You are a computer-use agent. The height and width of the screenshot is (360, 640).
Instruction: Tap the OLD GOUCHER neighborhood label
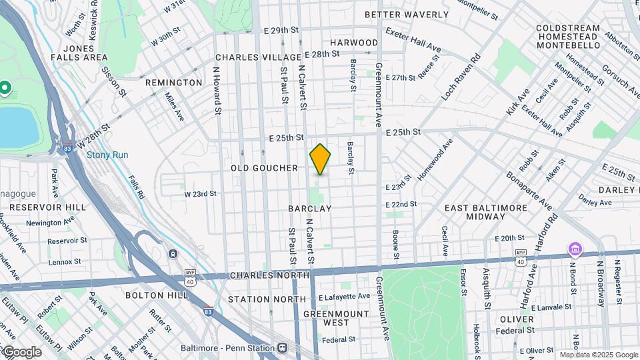pyautogui.click(x=264, y=168)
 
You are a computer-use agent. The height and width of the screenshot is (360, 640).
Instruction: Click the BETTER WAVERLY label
pyautogui.click(x=407, y=14)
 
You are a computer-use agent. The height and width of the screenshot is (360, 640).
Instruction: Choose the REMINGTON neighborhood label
pyautogui.click(x=173, y=83)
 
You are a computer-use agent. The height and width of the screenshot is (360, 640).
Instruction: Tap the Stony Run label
pyautogui.click(x=103, y=155)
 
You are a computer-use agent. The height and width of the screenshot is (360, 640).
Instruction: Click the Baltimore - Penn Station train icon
pyautogui.click(x=283, y=348)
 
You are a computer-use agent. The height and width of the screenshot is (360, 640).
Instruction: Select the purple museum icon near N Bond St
pyautogui.click(x=575, y=249)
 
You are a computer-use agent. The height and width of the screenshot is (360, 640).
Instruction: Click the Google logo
pyautogui.click(x=21, y=351)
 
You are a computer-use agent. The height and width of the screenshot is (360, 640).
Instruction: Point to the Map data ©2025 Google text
pyautogui.click(x=598, y=355)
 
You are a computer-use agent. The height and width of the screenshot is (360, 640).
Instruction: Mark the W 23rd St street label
pyautogui.click(x=201, y=194)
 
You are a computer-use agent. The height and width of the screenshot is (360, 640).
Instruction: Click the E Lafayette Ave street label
pyautogui.click(x=344, y=296)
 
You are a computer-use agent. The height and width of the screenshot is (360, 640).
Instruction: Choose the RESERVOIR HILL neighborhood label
pyautogui.click(x=48, y=207)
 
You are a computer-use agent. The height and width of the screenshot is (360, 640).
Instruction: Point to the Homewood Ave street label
pyautogui.click(x=435, y=160)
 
